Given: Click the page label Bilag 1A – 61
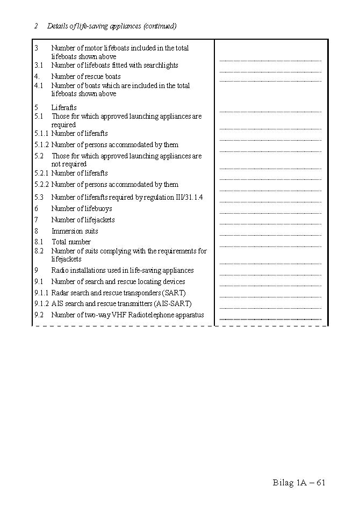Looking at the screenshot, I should coord(299,482).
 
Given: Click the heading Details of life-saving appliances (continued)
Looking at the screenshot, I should coord(112,26).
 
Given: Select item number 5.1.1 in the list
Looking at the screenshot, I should coord(41,133).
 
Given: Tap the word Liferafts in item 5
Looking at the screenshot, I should coord(64,107).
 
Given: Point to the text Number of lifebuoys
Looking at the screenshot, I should coord(82,208).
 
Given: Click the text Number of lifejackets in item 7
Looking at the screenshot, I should coord(83,220).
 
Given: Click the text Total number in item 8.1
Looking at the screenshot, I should coord(71,242).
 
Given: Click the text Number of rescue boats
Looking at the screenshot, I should coord(86,76).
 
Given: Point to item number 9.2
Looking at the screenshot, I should coord(39,315).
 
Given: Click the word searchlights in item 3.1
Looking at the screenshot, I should coord(160,65).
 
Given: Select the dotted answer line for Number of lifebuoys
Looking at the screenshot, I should coord(270,213).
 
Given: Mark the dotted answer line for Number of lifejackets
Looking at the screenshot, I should coord(270,224).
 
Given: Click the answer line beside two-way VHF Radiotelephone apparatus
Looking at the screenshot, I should coord(270,319).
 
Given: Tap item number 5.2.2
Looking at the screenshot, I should coord(41,184).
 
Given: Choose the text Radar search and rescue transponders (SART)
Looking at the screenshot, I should coord(118,293).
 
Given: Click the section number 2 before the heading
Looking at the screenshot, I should coord(35,26).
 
